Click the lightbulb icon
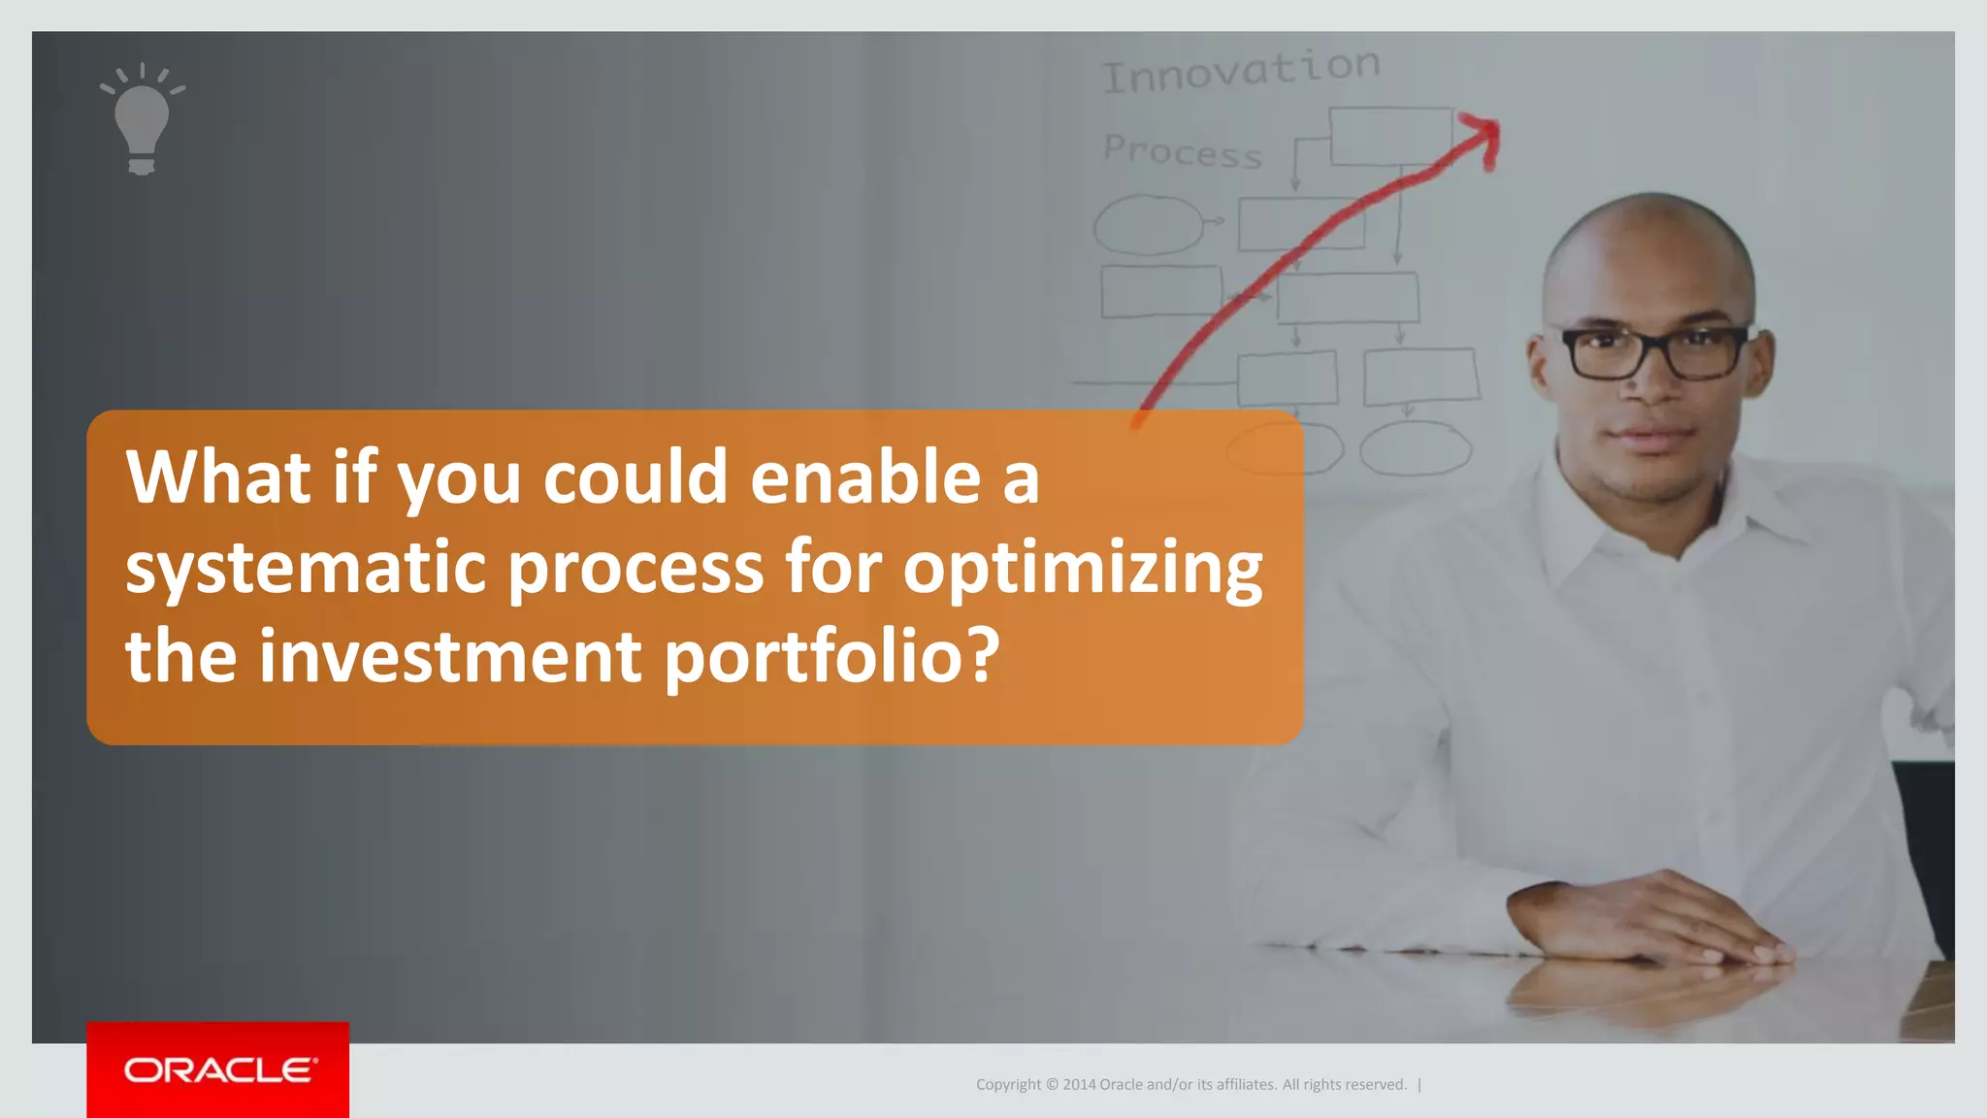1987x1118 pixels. tap(142, 120)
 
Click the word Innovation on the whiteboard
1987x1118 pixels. tap(1241, 70)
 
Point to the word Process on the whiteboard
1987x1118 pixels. tap(1182, 151)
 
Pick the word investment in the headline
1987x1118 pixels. tap(450, 656)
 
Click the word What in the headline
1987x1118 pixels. tap(218, 477)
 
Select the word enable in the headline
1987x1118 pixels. tap(865, 477)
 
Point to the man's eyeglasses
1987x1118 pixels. tap(1654, 351)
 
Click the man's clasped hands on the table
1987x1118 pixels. tap(1649, 917)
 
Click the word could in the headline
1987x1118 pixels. tap(635, 477)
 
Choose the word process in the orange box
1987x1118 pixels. tap(635, 569)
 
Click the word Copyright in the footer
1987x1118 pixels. tap(1008, 1085)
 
